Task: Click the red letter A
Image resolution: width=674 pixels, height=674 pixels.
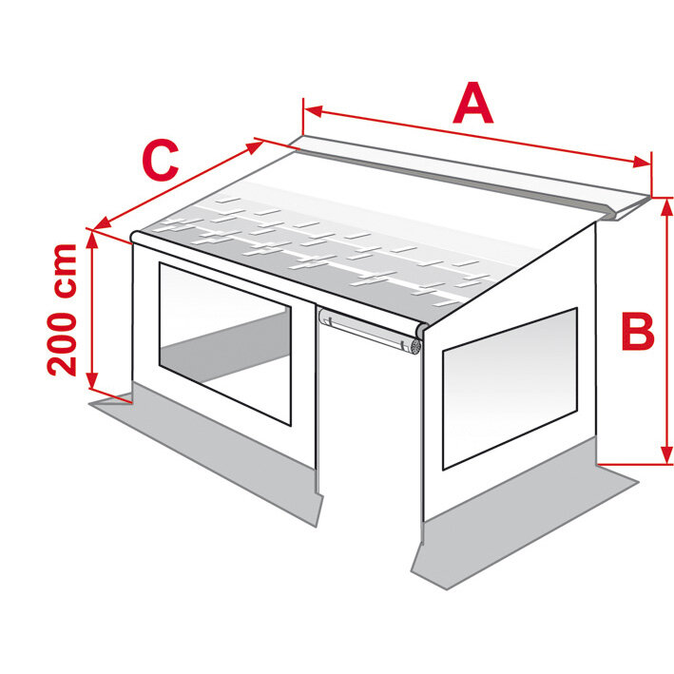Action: [x=473, y=105]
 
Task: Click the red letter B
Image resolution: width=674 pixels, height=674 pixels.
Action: [x=637, y=334]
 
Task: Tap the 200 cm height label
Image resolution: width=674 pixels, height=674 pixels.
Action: [x=64, y=309]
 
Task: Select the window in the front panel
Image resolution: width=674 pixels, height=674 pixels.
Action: [x=223, y=343]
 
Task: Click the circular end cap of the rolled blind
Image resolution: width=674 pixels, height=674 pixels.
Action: [x=414, y=345]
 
